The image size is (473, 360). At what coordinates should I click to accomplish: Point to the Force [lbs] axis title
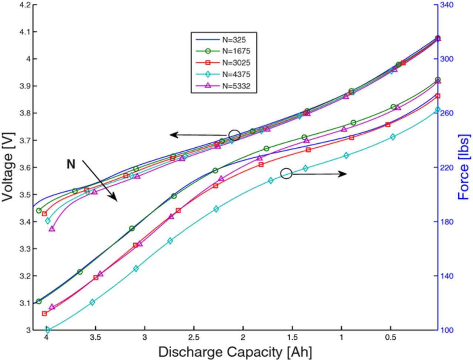(x=464, y=167)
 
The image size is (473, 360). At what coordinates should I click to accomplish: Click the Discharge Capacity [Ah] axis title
(x=235, y=352)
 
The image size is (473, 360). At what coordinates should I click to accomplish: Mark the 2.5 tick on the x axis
(x=194, y=337)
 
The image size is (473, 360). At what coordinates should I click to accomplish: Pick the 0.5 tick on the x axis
(x=391, y=337)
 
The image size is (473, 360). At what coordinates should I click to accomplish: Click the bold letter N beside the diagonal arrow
(x=71, y=164)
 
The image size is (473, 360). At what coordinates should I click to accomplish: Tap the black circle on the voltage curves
(x=234, y=135)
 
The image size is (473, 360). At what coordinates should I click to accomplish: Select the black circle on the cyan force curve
(x=286, y=173)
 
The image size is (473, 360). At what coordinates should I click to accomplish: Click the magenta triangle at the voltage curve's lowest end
(x=52, y=229)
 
